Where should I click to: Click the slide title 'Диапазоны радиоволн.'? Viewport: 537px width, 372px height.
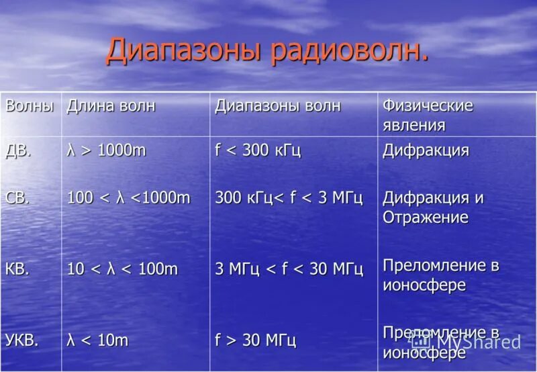(x=266, y=52)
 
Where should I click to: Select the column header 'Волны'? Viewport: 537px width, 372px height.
(x=29, y=106)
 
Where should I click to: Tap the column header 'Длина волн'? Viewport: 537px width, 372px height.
(x=110, y=106)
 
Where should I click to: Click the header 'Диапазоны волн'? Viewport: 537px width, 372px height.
(x=277, y=106)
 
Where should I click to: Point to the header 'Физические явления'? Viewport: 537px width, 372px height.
(x=428, y=115)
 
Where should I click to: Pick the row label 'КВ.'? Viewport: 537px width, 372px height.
(x=19, y=269)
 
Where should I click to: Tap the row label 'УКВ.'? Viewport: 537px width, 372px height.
(x=22, y=340)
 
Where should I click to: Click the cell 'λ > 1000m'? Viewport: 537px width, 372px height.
(x=106, y=150)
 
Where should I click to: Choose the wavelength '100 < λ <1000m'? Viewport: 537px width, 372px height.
(x=129, y=198)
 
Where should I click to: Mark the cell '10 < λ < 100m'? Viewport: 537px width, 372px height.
(x=122, y=269)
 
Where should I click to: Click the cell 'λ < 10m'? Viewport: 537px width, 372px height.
(x=97, y=340)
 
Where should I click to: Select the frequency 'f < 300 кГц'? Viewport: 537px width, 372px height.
(x=258, y=150)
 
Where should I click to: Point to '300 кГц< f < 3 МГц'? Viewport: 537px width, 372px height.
(x=289, y=198)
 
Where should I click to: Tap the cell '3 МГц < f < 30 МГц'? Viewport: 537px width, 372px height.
(x=289, y=269)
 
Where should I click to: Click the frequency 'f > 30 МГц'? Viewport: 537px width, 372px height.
(x=255, y=340)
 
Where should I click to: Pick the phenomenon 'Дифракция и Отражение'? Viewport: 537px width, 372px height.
(x=433, y=207)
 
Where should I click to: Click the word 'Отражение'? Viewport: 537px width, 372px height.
(x=426, y=218)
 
